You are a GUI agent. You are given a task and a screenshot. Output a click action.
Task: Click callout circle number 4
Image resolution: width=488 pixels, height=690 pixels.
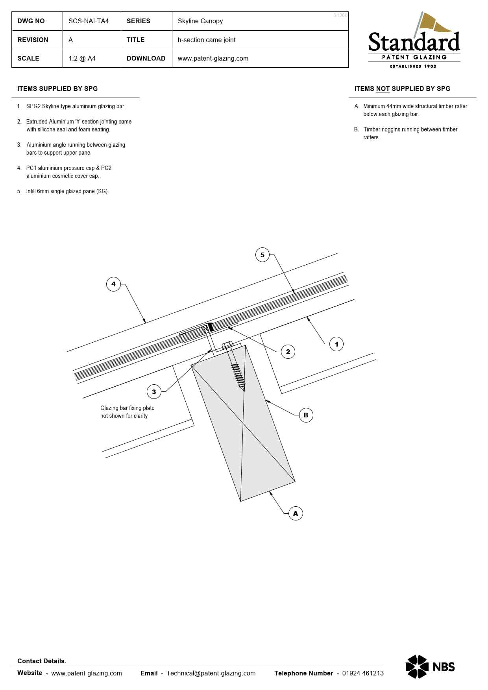coord(113,284)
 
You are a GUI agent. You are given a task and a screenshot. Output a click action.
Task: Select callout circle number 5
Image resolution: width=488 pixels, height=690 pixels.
coord(262,255)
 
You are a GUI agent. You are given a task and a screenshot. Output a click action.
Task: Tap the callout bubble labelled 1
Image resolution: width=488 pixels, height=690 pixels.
coord(336,344)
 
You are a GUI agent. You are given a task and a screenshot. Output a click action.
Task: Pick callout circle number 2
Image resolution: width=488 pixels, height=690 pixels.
coord(288,352)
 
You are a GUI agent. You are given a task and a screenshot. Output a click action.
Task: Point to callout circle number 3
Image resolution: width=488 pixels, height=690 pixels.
coord(154,392)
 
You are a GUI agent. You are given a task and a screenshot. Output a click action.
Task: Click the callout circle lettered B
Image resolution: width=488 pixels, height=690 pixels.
coord(306,415)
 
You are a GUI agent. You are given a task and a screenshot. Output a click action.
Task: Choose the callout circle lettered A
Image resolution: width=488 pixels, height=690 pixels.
coord(296,513)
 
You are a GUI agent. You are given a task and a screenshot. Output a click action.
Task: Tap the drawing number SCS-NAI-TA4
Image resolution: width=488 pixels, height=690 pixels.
coord(89,21)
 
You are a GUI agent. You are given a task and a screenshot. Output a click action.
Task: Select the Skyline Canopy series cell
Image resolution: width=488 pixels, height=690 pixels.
coord(200,21)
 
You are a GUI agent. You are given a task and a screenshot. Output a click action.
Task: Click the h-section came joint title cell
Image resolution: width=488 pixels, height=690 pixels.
coord(207,40)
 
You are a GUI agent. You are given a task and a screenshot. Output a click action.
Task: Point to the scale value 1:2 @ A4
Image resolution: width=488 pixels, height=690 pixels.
coord(82,59)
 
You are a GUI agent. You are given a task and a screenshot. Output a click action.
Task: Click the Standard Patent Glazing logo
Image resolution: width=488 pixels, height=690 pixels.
coord(414,41)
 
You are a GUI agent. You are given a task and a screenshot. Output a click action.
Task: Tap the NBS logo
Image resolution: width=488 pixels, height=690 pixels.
coord(430,666)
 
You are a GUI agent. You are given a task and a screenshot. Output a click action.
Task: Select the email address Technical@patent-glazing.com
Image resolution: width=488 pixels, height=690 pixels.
coord(211,673)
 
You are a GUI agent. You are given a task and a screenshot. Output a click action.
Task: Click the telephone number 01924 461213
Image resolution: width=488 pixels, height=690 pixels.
coord(363,673)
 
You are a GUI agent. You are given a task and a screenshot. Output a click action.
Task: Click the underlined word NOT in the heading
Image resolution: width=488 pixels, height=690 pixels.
coord(383,89)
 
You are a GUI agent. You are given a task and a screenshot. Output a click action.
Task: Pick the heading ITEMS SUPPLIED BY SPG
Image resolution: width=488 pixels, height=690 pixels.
coord(57,89)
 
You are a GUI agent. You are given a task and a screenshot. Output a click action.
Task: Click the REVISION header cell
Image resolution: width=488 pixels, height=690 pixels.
coord(33,40)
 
